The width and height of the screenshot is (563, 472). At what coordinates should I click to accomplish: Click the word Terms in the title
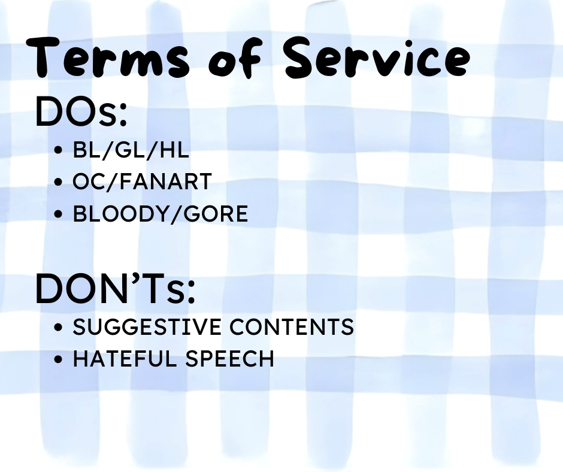[x=107, y=58]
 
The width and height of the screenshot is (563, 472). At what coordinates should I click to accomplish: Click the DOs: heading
[x=81, y=111]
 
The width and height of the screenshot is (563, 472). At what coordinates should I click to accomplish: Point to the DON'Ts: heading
[x=115, y=289]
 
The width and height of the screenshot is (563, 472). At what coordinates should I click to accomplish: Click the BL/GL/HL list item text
[x=131, y=150]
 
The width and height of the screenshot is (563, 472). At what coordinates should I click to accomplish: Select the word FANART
[x=165, y=181]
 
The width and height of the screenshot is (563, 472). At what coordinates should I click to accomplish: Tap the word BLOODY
[x=122, y=214]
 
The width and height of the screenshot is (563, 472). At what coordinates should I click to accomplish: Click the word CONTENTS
[x=292, y=327]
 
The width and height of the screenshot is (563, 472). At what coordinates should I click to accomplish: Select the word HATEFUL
[x=125, y=358]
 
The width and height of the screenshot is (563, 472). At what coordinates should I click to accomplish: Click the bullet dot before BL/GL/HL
[x=58, y=150]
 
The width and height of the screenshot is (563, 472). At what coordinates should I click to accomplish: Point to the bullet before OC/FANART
[x=58, y=181]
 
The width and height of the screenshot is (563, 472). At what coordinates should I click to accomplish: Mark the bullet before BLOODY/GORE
[x=58, y=214]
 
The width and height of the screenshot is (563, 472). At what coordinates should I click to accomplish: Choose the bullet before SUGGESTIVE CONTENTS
[x=58, y=327]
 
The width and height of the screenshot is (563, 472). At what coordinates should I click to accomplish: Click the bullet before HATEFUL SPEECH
[x=58, y=359]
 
